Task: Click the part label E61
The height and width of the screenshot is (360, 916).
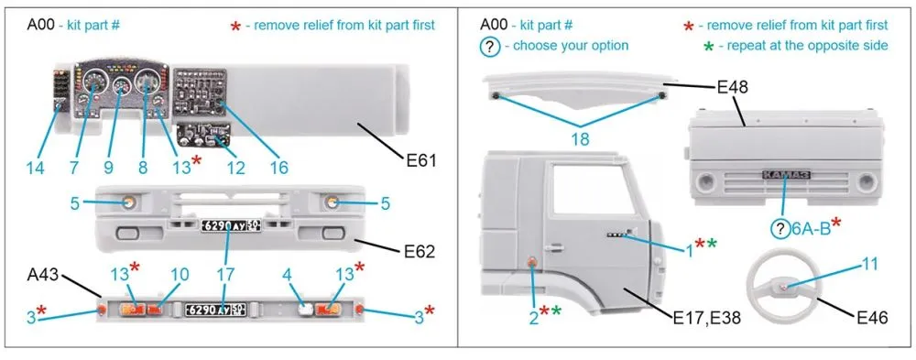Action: (x=421, y=159)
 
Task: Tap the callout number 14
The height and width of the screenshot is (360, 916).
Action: (x=35, y=169)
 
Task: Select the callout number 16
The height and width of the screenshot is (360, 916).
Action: (x=278, y=169)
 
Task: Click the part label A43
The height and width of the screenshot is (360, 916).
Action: (x=43, y=275)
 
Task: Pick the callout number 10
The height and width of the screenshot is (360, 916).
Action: (x=180, y=275)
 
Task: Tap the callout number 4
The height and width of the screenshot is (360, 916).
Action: (x=286, y=275)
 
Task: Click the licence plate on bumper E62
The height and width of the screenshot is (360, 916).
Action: (x=232, y=225)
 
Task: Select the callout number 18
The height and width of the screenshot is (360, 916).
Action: (x=581, y=139)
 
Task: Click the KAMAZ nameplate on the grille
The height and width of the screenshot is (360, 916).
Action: (x=786, y=175)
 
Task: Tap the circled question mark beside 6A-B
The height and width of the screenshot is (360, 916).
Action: (x=780, y=229)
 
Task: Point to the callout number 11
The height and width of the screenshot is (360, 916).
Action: (x=870, y=264)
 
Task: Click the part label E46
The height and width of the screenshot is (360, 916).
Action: (x=872, y=318)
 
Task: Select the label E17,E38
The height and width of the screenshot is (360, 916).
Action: (x=707, y=318)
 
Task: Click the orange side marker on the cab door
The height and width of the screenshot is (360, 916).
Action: (x=532, y=263)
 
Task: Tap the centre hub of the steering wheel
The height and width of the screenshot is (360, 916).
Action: (x=784, y=286)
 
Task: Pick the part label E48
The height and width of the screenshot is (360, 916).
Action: (x=732, y=88)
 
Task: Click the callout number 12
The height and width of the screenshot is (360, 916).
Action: (x=235, y=169)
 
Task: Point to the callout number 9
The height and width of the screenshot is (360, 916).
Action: (x=108, y=169)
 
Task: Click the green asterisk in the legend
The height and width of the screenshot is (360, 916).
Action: (x=709, y=47)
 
